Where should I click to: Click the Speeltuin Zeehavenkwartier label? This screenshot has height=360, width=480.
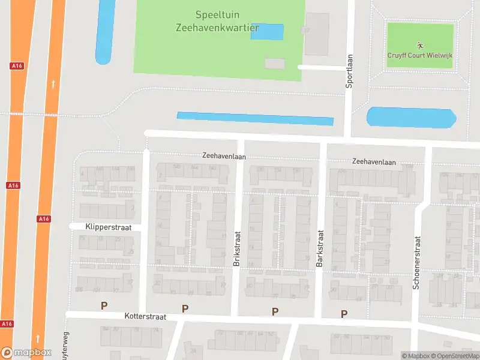217,21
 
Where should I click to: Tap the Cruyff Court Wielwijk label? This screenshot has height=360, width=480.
419,55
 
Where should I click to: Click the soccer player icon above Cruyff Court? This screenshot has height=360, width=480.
419,44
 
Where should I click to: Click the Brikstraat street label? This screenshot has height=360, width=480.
236,248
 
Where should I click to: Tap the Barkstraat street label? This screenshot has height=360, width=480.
320,248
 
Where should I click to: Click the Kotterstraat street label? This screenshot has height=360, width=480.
148,315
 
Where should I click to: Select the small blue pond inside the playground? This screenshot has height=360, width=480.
267,32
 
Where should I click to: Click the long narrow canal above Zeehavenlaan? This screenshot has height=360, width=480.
255,118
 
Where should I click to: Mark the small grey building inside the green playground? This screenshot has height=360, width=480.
275,63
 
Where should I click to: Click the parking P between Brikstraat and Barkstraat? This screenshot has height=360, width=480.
275,311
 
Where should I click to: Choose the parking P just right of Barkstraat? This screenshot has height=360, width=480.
344,313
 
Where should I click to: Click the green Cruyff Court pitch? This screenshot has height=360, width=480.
420,36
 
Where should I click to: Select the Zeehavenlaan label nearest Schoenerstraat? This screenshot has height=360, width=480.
374,161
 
